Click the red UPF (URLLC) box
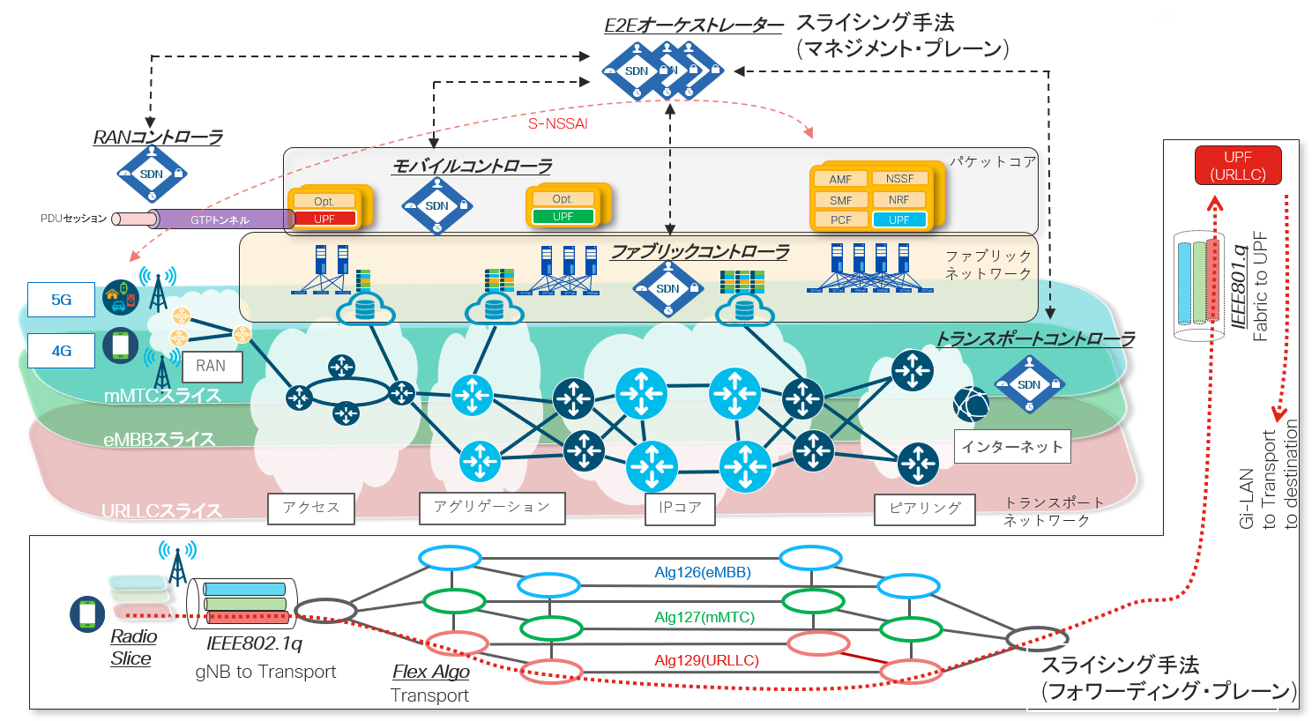click(1237, 166)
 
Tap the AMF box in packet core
click(840, 179)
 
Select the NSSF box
click(899, 178)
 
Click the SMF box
click(840, 200)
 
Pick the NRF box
click(899, 199)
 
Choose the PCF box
click(840, 220)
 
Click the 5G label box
click(61, 300)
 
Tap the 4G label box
click(61, 351)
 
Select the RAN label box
click(211, 366)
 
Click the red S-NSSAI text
click(557, 123)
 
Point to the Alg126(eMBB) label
click(702, 573)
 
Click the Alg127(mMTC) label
click(704, 617)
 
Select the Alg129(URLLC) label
click(706, 660)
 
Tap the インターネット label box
click(1011, 447)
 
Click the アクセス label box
click(311, 508)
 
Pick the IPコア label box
click(680, 508)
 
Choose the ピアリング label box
click(925, 509)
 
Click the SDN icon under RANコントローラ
click(152, 174)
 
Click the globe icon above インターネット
click(971, 405)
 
